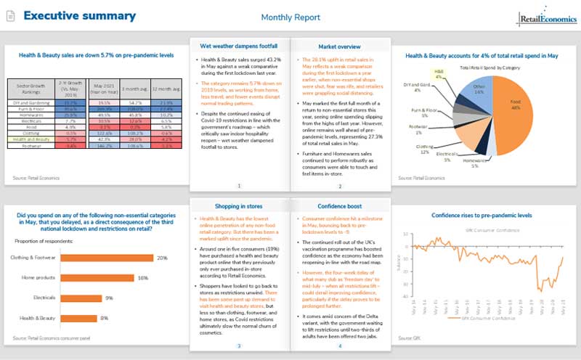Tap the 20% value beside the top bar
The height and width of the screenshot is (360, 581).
tap(163, 258)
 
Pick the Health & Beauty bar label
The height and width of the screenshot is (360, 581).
tap(37, 318)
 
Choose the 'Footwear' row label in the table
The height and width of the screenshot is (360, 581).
tap(24, 145)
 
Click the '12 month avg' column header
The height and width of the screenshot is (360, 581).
tap(167, 91)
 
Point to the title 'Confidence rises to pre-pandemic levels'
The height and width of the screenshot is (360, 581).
tap(481, 216)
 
